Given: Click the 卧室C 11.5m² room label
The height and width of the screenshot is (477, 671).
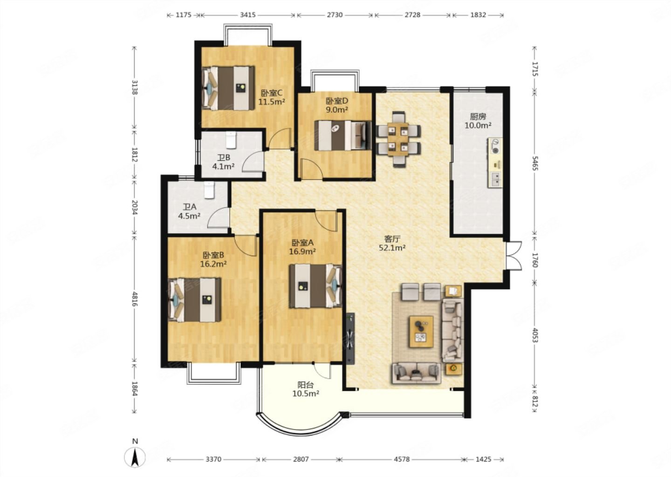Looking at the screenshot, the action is [x=271, y=97].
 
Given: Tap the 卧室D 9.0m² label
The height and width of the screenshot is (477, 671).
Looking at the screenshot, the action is [x=337, y=105].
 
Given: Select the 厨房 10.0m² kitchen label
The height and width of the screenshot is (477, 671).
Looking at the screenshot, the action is [x=478, y=121].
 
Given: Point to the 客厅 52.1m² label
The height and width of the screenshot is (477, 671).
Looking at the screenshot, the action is [x=392, y=243].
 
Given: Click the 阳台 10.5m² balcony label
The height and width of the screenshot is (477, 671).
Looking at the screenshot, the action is [x=306, y=389].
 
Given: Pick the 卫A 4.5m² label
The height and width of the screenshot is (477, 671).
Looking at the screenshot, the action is [x=189, y=211].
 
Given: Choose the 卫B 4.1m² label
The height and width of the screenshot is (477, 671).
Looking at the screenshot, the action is [x=223, y=162].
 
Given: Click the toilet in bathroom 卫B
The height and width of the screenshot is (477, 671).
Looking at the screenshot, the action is [x=231, y=140].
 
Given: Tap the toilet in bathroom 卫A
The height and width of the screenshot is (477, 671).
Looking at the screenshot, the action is [x=209, y=190].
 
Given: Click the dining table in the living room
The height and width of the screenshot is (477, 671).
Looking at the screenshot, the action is [x=398, y=139].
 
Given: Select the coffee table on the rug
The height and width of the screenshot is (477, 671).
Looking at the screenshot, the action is [x=421, y=332].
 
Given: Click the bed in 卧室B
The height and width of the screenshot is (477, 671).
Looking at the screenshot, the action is [x=195, y=300].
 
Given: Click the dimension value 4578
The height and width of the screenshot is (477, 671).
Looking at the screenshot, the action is [x=402, y=459].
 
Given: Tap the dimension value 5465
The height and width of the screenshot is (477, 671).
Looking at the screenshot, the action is [x=535, y=163].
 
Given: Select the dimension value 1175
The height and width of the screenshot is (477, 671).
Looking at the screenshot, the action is [x=183, y=15].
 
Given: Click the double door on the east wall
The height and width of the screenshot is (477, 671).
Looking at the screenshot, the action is [x=514, y=255].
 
